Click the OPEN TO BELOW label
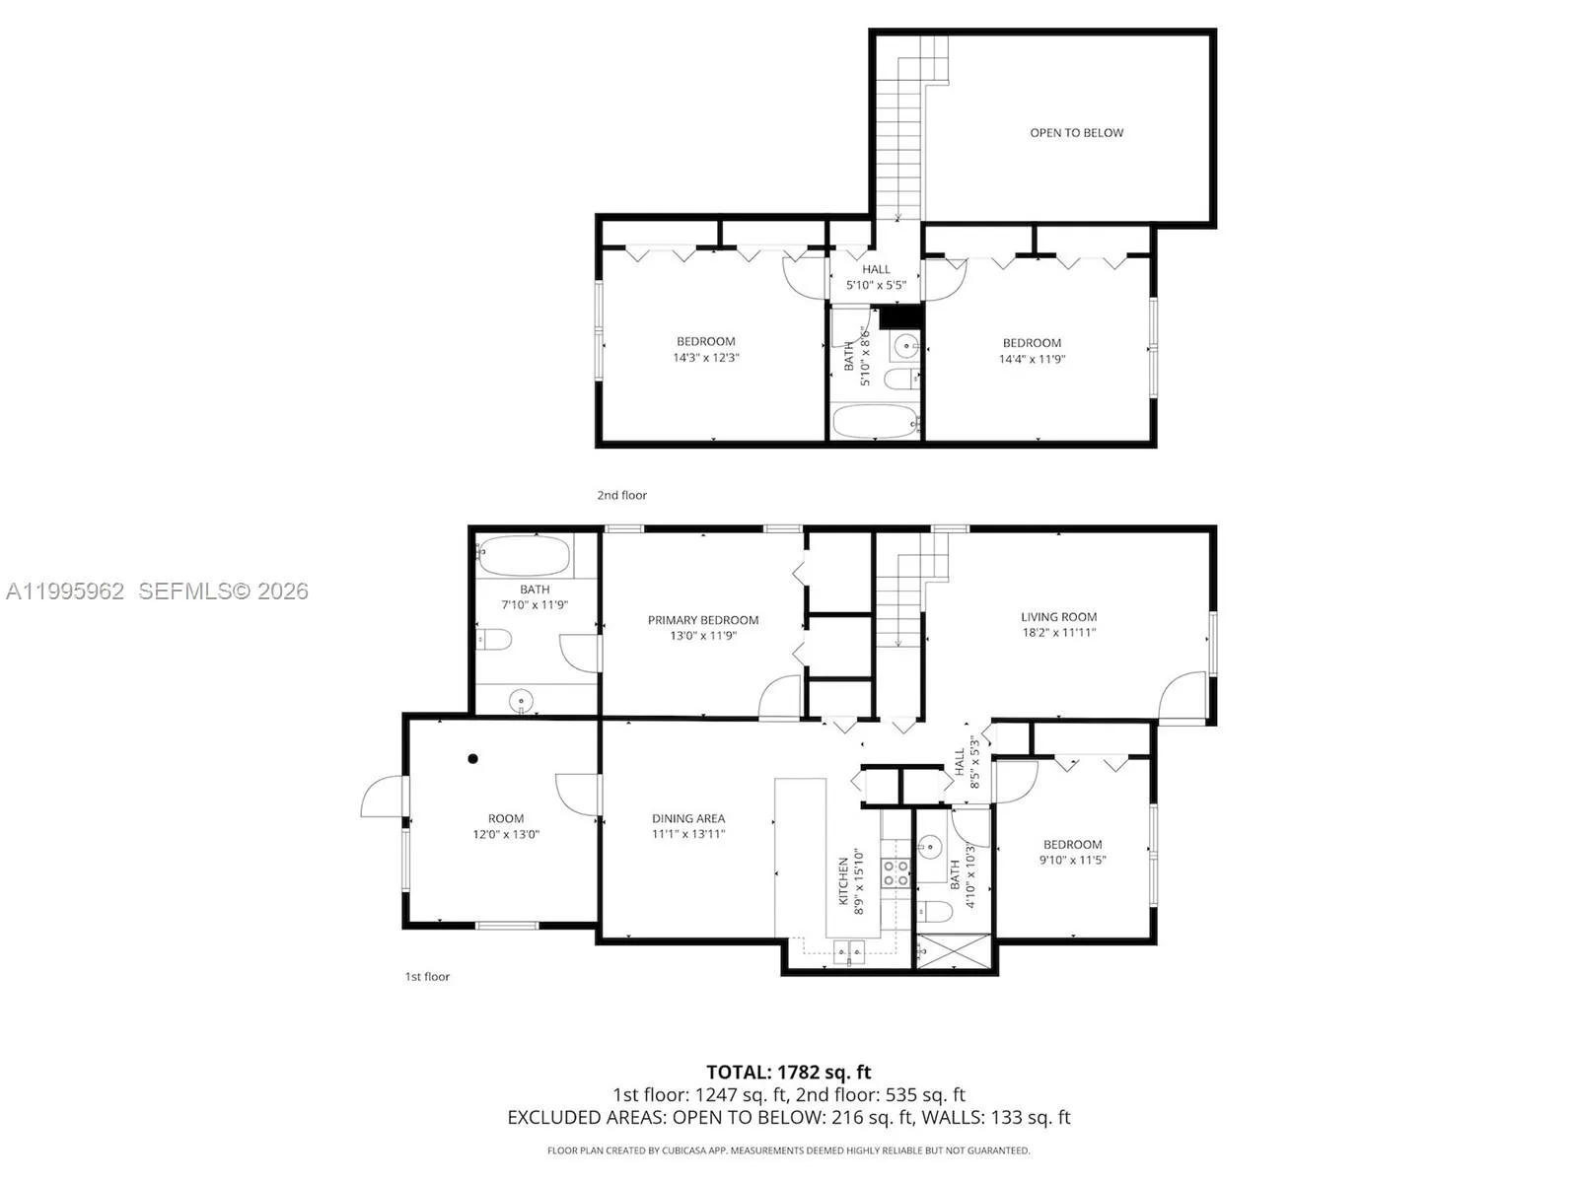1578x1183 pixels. tap(1076, 133)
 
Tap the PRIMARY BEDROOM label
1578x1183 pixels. tap(703, 620)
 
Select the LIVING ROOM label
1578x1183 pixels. tap(1058, 617)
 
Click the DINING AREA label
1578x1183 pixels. tap(688, 818)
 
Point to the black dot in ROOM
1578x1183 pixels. tap(473, 758)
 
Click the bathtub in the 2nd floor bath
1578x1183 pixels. tap(875, 422)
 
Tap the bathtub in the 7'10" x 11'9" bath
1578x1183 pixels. tap(525, 557)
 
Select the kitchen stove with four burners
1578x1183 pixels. tap(896, 872)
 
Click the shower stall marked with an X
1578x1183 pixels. tap(953, 952)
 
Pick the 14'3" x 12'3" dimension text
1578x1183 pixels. tap(705, 358)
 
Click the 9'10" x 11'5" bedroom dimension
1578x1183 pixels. tap(1072, 860)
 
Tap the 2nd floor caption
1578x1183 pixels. tap(621, 495)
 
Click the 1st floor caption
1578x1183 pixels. tap(427, 976)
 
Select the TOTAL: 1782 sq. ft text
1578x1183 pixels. tap(788, 1072)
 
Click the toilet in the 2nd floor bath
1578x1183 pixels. tap(900, 379)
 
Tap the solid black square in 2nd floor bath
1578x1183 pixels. tap(899, 316)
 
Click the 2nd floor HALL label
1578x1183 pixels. tap(876, 269)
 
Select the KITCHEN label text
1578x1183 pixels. tap(843, 880)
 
